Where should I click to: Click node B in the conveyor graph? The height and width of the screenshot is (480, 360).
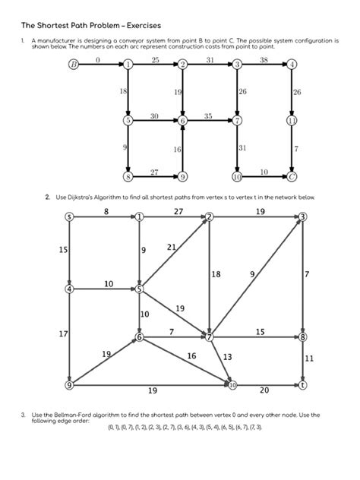tap(73, 65)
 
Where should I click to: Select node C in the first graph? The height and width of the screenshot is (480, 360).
tap(292, 176)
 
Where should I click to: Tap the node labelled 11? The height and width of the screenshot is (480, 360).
tap(292, 120)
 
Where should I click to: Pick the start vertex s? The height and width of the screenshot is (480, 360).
tap(69, 217)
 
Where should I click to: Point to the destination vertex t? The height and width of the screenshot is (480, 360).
tap(303, 385)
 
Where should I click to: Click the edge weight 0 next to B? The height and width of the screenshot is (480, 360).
tap(99, 59)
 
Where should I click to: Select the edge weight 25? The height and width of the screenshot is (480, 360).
tap(156, 59)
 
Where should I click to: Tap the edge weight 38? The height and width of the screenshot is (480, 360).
tap(264, 59)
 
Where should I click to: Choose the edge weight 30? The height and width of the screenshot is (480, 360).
tap(154, 115)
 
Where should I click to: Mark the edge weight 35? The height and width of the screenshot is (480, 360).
tap(209, 115)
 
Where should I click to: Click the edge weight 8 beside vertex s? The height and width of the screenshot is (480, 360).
tap(106, 210)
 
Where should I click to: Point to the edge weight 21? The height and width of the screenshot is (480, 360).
tap(171, 247)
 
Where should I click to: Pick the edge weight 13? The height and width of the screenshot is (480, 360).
tap(227, 356)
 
